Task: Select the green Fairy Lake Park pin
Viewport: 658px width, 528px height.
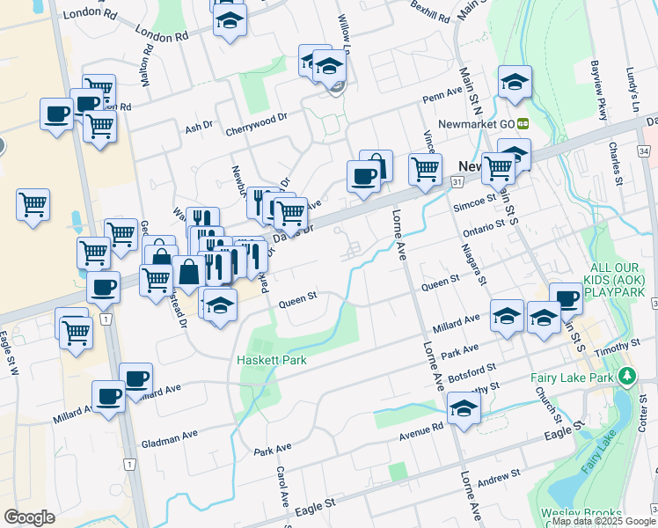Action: tap(626, 377)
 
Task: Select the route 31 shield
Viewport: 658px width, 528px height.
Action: tap(457, 180)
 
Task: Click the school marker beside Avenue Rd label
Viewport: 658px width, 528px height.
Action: tap(464, 408)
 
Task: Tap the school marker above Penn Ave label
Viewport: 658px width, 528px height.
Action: tap(515, 82)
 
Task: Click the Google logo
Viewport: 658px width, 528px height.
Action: tap(29, 517)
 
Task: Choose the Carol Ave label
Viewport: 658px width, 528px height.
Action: tap(283, 485)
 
